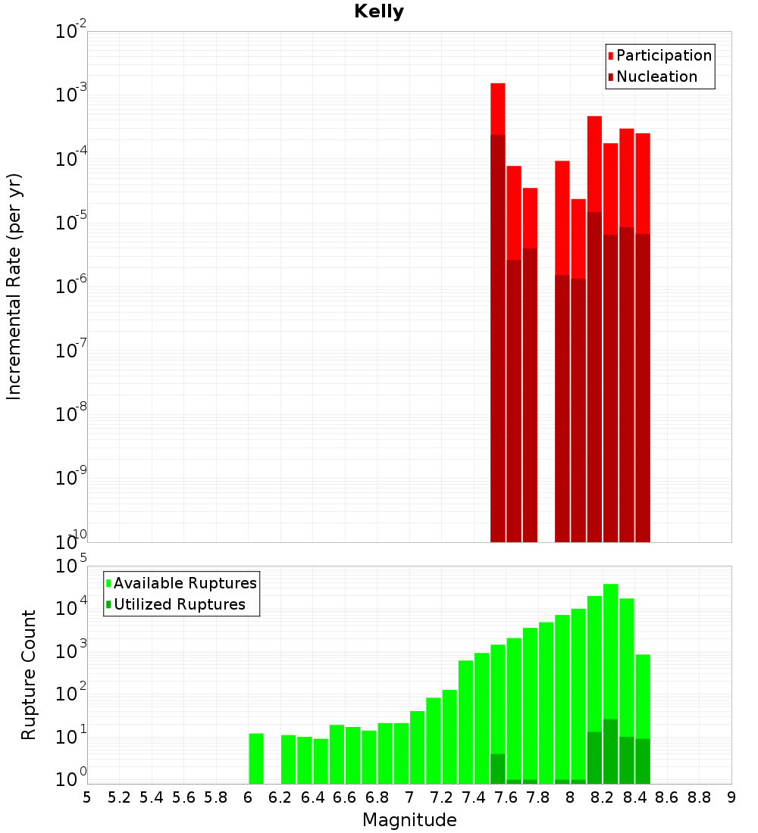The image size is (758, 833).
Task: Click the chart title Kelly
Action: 379,12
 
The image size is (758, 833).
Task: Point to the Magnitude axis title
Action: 409,820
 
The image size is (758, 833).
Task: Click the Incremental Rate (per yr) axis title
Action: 14,286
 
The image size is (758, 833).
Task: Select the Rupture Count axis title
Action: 29,675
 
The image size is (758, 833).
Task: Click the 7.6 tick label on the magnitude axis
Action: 506,797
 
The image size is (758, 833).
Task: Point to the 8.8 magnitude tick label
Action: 700,797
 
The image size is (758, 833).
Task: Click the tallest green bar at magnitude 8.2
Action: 610,651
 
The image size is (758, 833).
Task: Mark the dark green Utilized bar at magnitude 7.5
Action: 498,769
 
